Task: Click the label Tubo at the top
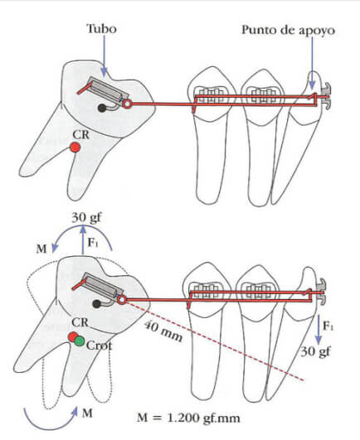click(101, 29)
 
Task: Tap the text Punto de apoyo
click(289, 31)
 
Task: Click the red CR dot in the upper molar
click(75, 147)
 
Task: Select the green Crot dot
click(80, 341)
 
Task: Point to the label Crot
click(100, 346)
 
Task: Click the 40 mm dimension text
click(163, 331)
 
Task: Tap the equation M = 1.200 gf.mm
click(188, 418)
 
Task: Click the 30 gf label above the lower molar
click(86, 218)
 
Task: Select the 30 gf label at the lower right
click(315, 351)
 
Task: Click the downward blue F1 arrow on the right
click(318, 329)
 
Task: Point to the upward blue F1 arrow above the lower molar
click(83, 240)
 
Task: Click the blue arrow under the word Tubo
click(105, 56)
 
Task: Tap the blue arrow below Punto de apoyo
click(312, 63)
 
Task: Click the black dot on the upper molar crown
click(101, 108)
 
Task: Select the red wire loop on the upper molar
click(127, 104)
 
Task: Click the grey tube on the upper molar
click(108, 90)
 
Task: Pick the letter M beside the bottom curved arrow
click(87, 413)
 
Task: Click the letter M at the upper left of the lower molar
click(41, 249)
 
